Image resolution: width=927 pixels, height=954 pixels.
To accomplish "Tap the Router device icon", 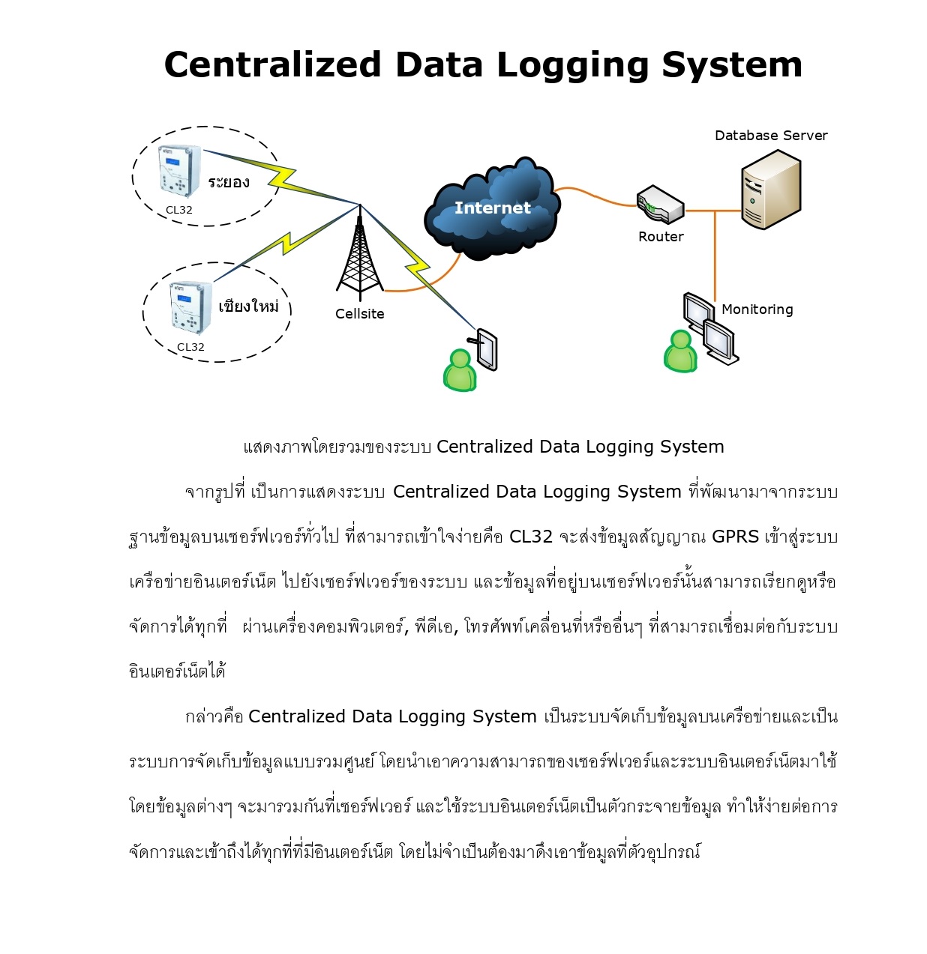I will pos(660,205).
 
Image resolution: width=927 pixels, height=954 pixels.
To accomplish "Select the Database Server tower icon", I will pos(770,190).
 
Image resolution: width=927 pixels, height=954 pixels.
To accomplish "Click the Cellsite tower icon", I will pos(359,255).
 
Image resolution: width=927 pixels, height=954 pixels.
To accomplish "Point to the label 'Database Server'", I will pos(771,136).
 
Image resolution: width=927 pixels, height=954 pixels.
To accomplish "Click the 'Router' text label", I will pos(661,237).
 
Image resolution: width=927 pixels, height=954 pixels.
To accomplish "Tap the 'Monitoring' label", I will pos(757,310).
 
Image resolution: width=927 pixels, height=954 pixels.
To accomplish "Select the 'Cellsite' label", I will pos(359,314).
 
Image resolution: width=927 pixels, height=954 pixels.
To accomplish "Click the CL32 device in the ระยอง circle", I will pos(180,172).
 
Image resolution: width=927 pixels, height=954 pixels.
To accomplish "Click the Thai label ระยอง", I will pos(229,182).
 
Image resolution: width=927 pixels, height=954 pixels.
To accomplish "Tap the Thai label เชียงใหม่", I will pos(248,306).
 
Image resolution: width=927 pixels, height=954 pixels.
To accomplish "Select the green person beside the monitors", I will pos(680,351).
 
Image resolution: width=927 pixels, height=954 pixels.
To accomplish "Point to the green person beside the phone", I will pos(460,370).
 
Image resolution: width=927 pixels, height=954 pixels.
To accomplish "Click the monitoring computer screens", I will pos(710,328).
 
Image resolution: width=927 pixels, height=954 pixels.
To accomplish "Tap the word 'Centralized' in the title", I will pos(273,65).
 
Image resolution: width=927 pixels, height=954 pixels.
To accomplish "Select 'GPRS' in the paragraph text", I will pos(735,537).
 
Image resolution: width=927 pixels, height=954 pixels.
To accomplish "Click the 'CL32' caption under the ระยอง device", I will pos(179,211).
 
